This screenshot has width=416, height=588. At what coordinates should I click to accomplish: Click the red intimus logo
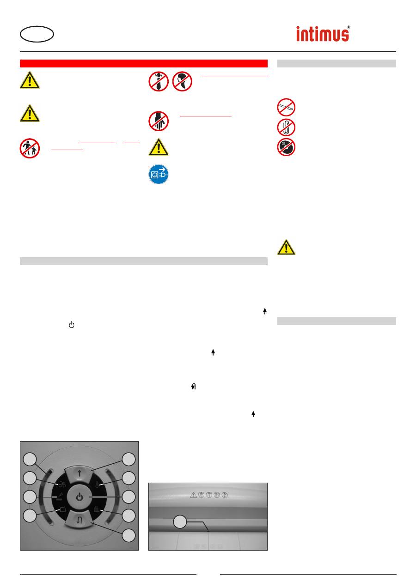(323, 34)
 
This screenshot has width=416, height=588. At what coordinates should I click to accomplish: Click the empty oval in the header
(37, 34)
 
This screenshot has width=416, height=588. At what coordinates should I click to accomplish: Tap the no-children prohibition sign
(30, 148)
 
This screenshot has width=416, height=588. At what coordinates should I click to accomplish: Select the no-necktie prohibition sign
(159, 81)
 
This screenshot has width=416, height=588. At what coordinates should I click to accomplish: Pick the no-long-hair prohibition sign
(182, 81)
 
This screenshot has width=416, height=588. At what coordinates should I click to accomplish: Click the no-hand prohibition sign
(159, 121)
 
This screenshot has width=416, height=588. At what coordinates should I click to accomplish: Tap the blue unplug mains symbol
(159, 174)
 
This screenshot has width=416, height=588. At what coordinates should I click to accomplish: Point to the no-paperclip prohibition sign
(286, 127)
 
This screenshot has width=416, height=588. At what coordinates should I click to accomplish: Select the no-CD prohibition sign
(286, 147)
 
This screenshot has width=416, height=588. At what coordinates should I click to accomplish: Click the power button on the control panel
(80, 497)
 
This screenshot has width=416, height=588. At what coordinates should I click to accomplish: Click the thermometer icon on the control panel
(97, 485)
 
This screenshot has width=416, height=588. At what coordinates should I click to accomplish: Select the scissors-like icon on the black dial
(62, 485)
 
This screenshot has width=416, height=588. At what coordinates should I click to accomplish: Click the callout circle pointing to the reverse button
(128, 535)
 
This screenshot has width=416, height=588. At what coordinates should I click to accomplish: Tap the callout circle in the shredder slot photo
(180, 522)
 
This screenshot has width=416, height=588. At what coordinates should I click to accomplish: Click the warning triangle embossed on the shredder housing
(193, 495)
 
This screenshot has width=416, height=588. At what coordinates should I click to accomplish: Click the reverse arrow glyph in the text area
(194, 387)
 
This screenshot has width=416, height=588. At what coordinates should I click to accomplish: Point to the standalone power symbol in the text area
(72, 325)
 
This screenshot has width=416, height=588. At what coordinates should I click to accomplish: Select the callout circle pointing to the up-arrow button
(128, 460)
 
